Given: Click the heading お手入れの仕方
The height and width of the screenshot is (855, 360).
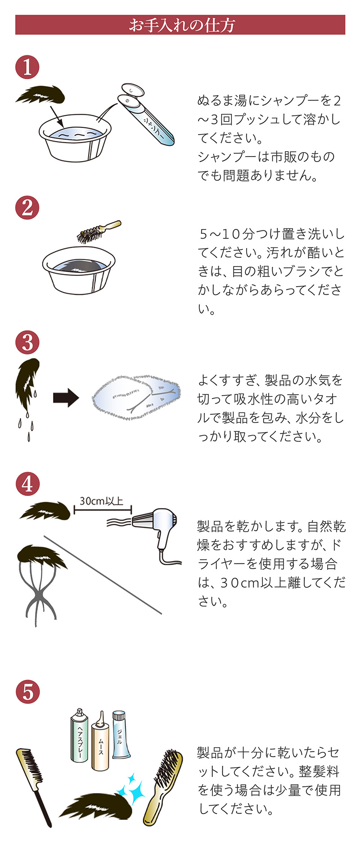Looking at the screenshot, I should coord(180,25).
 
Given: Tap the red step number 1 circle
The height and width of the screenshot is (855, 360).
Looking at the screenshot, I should coord(27,67).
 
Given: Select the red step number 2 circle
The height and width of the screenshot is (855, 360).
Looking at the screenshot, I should coord(27,208).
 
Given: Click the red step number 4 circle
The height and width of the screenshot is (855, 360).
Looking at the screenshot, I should coord(27,484).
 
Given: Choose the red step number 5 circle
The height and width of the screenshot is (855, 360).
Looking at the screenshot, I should coord(27,692).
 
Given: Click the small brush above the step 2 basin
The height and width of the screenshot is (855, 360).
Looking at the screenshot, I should coord(97,232).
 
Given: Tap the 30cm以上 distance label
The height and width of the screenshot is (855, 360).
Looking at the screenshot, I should coord(102,500).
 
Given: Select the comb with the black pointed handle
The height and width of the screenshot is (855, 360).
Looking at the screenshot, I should coord(34,785).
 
